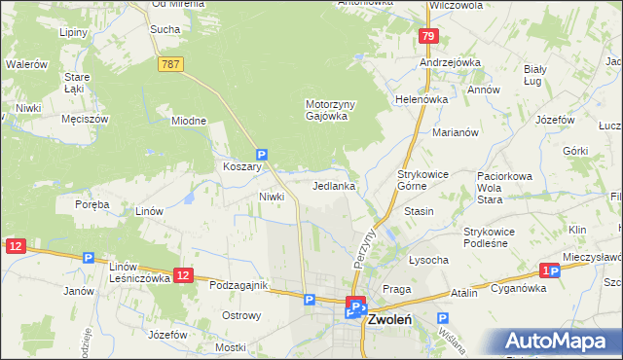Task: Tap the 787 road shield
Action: point(169,62)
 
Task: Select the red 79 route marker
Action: point(427,36)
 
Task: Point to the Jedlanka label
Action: point(333,185)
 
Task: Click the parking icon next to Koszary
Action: point(261,154)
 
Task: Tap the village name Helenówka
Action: point(420,99)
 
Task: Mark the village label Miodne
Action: point(189,121)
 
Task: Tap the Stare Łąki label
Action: point(77,82)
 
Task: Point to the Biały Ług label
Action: point(537,75)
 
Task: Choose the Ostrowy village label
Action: point(241,315)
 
